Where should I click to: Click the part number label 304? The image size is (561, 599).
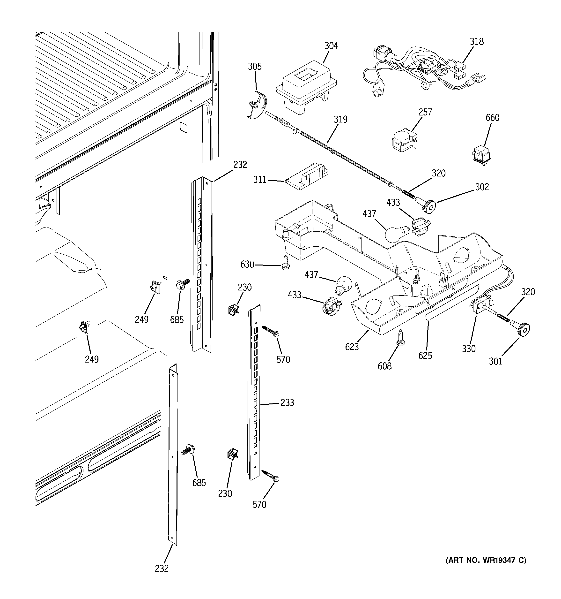331,46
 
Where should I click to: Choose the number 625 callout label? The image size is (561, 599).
425,356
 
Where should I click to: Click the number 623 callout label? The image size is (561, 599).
352,347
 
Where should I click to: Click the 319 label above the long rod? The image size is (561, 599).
340,119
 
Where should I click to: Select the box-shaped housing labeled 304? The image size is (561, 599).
306,87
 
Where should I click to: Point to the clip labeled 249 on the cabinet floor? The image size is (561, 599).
84,327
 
